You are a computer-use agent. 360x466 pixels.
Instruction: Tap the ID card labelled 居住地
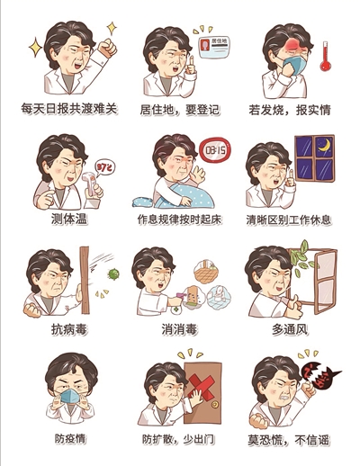(x=214, y=48)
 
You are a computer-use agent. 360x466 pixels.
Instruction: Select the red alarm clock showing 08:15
(x=215, y=150)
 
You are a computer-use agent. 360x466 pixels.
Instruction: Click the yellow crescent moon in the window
(x=325, y=146)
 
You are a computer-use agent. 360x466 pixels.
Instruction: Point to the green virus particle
(x=113, y=273)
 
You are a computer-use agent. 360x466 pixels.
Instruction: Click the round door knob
(x=214, y=404)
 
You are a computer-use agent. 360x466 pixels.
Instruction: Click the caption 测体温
(x=69, y=220)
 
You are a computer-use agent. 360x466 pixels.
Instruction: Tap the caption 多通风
(x=290, y=329)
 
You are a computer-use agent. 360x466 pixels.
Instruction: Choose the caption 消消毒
(x=179, y=329)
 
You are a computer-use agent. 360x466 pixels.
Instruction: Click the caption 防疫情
(x=70, y=439)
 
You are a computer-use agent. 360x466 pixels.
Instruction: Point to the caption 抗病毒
(x=69, y=329)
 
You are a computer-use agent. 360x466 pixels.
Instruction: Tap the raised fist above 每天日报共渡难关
(x=107, y=48)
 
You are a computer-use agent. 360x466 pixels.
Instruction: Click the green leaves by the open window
(x=302, y=258)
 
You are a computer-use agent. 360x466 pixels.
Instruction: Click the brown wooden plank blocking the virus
(x=85, y=280)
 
